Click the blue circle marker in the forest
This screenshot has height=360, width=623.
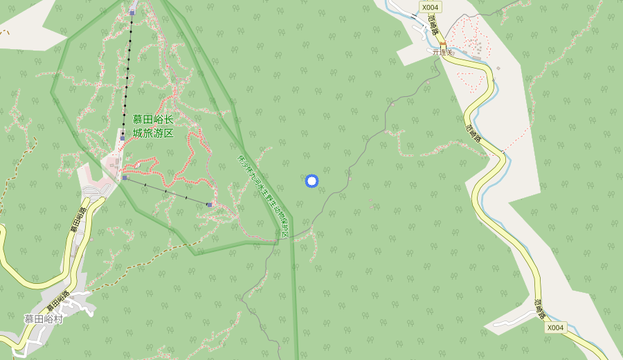tap(311, 181)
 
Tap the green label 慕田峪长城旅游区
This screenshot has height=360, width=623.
tap(153, 126)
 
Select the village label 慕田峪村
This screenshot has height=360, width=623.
tap(44, 319)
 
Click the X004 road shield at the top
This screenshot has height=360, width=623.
tap(429, 7)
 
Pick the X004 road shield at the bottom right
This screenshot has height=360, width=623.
tap(555, 327)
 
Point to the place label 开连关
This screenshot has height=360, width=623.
tap(442, 52)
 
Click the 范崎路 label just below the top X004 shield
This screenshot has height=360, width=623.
tap(433, 26)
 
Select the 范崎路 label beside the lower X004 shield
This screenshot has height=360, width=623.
tap(539, 309)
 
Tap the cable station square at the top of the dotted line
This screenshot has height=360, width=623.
tap(132, 12)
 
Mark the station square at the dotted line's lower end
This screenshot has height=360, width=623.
tap(122, 138)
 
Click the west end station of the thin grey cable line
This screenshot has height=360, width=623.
tap(125, 178)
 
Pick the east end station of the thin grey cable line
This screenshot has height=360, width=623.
tap(209, 205)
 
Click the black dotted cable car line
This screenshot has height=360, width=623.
tap(127, 76)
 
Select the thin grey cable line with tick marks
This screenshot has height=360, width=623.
tap(166, 191)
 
